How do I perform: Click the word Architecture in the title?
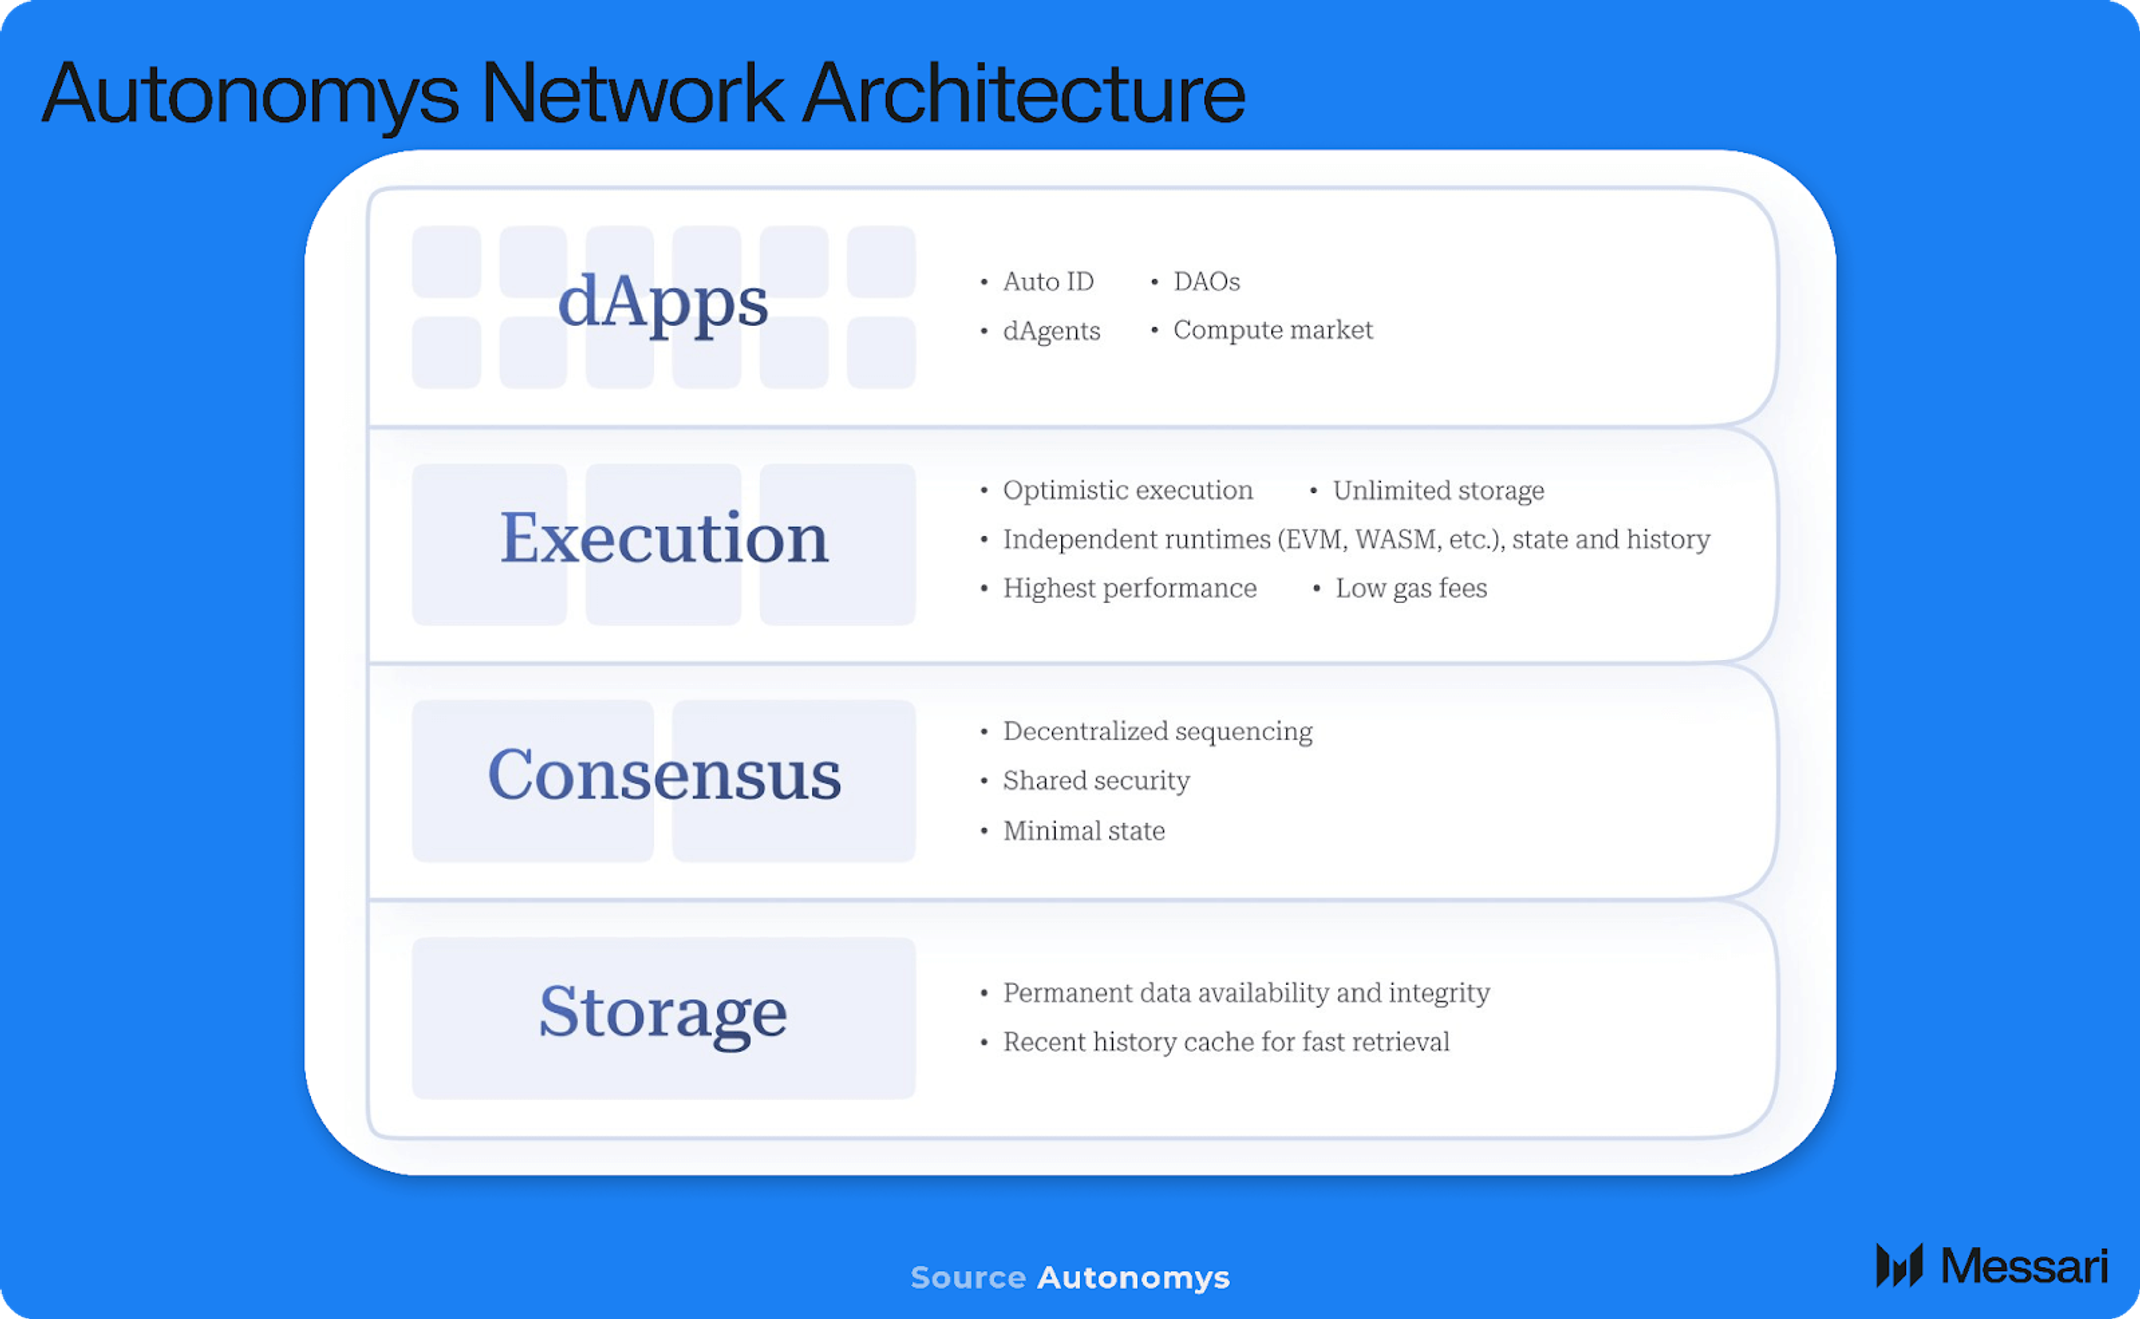tap(1023, 93)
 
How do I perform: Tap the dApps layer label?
tap(663, 303)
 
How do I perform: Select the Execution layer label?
tap(663, 538)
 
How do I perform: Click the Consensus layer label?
tap(663, 775)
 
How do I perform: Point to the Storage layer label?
tap(663, 1013)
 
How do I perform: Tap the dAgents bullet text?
tap(1051, 331)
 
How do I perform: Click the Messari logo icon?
tap(1899, 1265)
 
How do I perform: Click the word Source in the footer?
tap(968, 1278)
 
